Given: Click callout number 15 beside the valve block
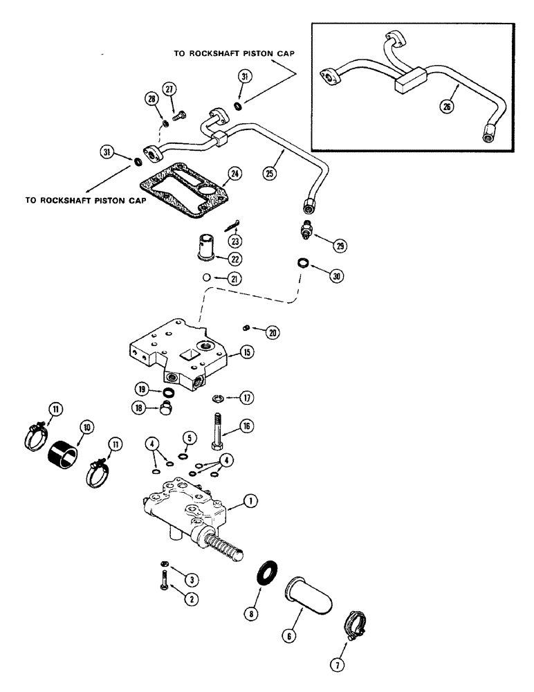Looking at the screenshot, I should tap(247, 352).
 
